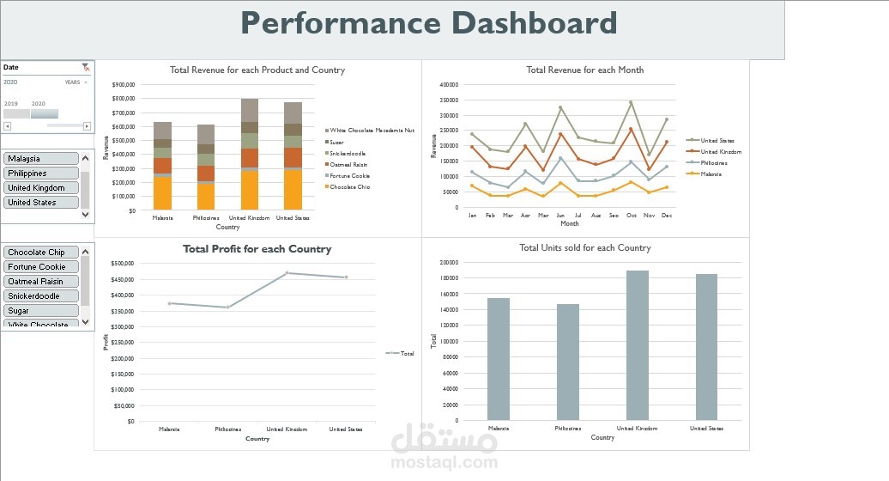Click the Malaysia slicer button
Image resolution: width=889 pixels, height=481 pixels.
click(x=40, y=159)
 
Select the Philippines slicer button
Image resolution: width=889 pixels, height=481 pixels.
click(x=40, y=174)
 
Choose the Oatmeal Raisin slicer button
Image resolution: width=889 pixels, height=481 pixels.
click(x=40, y=282)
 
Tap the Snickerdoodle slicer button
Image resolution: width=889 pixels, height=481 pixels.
click(x=40, y=296)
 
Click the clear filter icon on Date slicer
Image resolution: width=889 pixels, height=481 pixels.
click(x=85, y=67)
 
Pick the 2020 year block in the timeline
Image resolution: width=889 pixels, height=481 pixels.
click(x=45, y=113)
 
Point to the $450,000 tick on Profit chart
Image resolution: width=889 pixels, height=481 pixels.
click(x=124, y=279)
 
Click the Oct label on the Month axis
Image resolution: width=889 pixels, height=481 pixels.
click(x=630, y=216)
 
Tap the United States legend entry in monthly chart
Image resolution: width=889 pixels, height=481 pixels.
click(x=717, y=141)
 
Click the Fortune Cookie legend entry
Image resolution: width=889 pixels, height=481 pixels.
click(x=349, y=175)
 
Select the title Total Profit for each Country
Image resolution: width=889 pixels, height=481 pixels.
click(x=257, y=249)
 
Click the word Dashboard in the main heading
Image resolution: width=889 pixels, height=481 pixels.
click(x=535, y=23)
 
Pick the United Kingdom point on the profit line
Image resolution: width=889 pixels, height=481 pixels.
click(x=287, y=273)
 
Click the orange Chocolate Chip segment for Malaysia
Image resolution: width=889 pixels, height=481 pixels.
click(x=162, y=193)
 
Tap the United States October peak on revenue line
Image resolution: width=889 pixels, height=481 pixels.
click(x=630, y=102)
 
